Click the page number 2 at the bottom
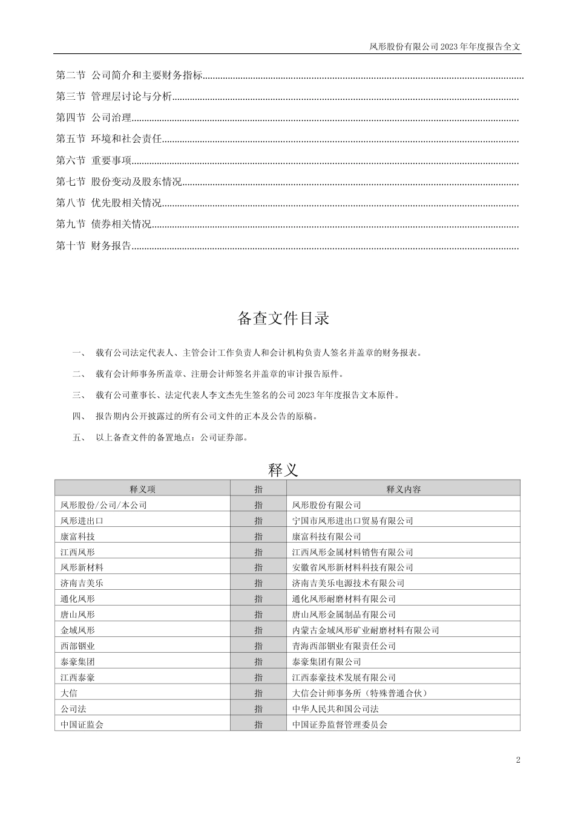coord(518,760)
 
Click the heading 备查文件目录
coord(283,318)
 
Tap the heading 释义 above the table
coord(283,469)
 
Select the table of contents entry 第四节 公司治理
coord(94,118)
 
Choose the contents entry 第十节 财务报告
coord(94,246)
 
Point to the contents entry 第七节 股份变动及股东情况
coord(119,181)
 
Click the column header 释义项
coord(142,489)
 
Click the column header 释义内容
coord(403,489)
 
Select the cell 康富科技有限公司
coord(326,537)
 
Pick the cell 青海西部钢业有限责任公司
coord(344,646)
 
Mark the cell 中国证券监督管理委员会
coord(340,724)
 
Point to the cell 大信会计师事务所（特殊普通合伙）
coord(360,693)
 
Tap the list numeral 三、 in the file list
coord(79,396)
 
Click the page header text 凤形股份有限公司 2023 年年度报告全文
coord(445,46)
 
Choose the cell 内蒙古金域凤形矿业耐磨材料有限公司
coord(366,630)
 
